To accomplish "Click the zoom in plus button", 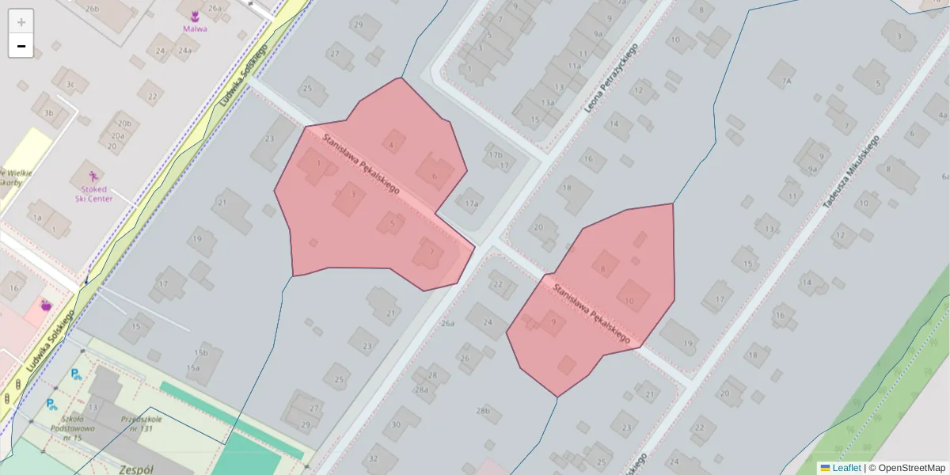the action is coord(21,22).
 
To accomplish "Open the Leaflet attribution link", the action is coord(846,468).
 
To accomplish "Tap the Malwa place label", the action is coord(195,28).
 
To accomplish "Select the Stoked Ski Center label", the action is coord(94,194).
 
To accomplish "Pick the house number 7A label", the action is coord(786,81).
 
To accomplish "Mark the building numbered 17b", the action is coord(496,155).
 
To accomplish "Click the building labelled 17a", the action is coord(472,203).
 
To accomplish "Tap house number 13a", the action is coord(547,103).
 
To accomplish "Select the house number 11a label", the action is coord(574,66).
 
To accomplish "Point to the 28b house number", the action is coord(483,411).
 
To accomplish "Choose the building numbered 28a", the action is coord(421,389).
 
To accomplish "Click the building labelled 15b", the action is coord(200,353).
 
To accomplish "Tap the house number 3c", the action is coord(70,84).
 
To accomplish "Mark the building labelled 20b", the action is coord(123,123).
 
